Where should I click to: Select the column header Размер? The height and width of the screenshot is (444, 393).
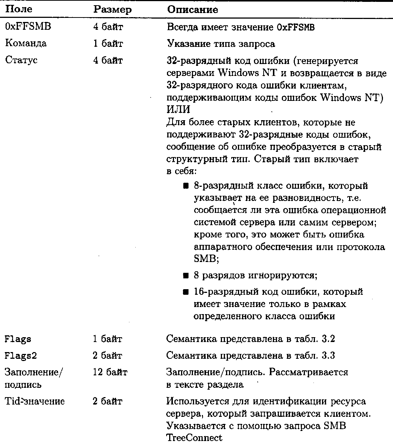[x=112, y=10]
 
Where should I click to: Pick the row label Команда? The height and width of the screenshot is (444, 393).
[x=26, y=44]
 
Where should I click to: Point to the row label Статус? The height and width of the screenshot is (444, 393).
[x=21, y=60]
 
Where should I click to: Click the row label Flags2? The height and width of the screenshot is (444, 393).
[x=21, y=356]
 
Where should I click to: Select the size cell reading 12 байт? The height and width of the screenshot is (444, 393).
[x=110, y=372]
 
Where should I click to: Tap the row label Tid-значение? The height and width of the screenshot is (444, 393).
[x=35, y=402]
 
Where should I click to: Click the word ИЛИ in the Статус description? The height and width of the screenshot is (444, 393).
[x=178, y=110]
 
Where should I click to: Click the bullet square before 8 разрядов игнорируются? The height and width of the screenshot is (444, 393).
[x=186, y=276]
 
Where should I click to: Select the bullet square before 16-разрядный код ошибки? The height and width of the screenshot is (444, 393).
[x=186, y=292]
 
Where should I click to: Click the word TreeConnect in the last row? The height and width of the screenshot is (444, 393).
[x=194, y=437]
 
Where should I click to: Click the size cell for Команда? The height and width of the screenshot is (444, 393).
[x=108, y=44]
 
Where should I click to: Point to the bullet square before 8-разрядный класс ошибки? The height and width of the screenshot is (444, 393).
[x=186, y=186]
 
